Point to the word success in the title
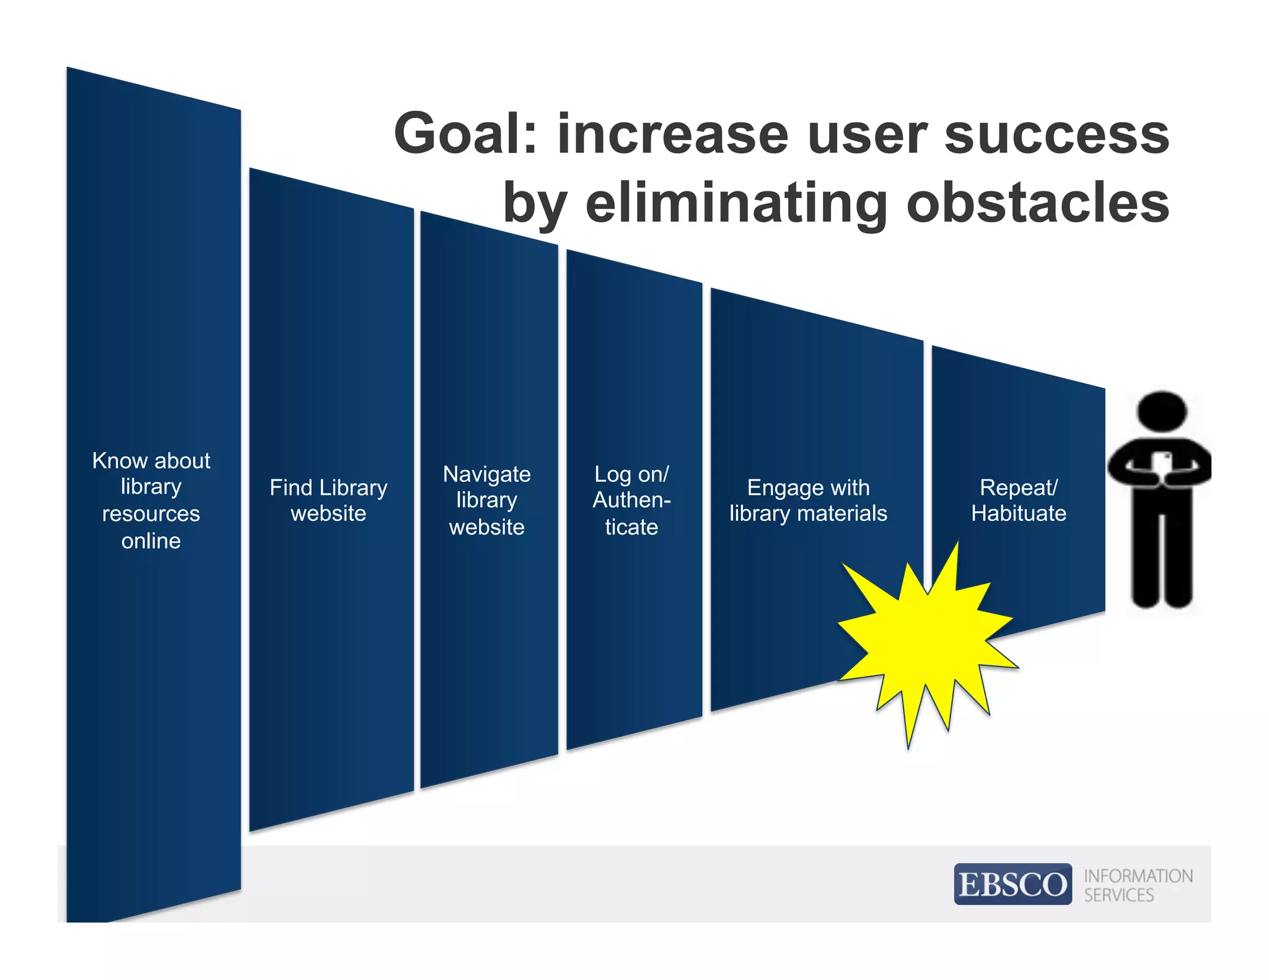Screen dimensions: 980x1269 tap(1056, 134)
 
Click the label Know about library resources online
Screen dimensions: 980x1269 tap(151, 500)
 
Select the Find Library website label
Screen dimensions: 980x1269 tap(328, 500)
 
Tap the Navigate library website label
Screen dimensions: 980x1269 tap(487, 500)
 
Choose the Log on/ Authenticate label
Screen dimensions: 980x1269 tap(631, 500)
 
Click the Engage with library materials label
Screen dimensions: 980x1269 tap(808, 500)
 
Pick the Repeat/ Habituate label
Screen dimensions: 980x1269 tap(1019, 500)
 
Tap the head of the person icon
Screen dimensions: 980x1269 tap(1162, 411)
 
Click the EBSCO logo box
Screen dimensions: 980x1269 tap(1012, 883)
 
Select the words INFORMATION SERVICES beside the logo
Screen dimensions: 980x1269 tap(1137, 885)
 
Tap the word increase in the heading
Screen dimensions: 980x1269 tap(673, 134)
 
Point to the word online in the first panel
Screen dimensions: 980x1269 tap(151, 541)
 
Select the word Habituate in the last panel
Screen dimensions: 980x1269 tap(1019, 513)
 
